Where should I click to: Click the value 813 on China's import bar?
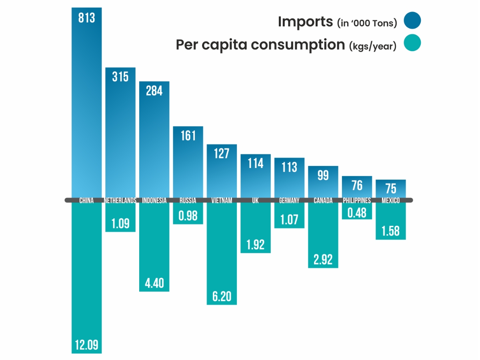(87, 18)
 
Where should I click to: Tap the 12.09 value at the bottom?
(87, 345)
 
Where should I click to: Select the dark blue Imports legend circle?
(412, 21)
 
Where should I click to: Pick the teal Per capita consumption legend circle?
(412, 43)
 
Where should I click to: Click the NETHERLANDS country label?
(120, 200)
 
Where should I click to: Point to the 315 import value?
(120, 77)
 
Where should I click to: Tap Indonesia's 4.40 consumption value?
(154, 283)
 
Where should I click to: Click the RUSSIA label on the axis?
(188, 200)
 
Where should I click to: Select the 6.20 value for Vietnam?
(222, 296)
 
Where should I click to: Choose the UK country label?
(255, 200)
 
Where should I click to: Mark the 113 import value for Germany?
(289, 167)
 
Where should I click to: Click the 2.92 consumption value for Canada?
(323, 259)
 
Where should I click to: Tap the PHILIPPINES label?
(357, 200)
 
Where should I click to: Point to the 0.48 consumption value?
(357, 212)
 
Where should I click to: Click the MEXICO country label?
(390, 200)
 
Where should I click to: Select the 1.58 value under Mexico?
(390, 232)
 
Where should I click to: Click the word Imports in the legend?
(306, 21)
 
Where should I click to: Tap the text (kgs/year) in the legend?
(372, 46)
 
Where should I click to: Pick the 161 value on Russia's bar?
(188, 136)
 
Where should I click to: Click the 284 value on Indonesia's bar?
(154, 91)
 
